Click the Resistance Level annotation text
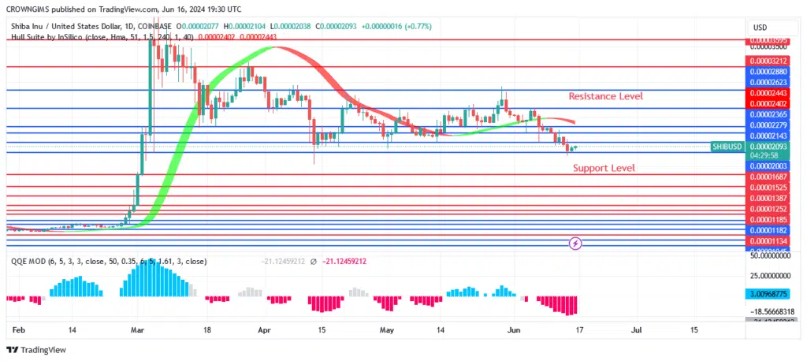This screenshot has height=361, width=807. pyautogui.click(x=605, y=96)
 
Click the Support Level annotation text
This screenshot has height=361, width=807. pyautogui.click(x=604, y=168)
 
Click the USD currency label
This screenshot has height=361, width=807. pyautogui.click(x=761, y=28)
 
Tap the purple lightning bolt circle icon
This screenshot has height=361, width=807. pyautogui.click(x=576, y=244)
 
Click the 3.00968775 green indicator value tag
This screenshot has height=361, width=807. pyautogui.click(x=768, y=292)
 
